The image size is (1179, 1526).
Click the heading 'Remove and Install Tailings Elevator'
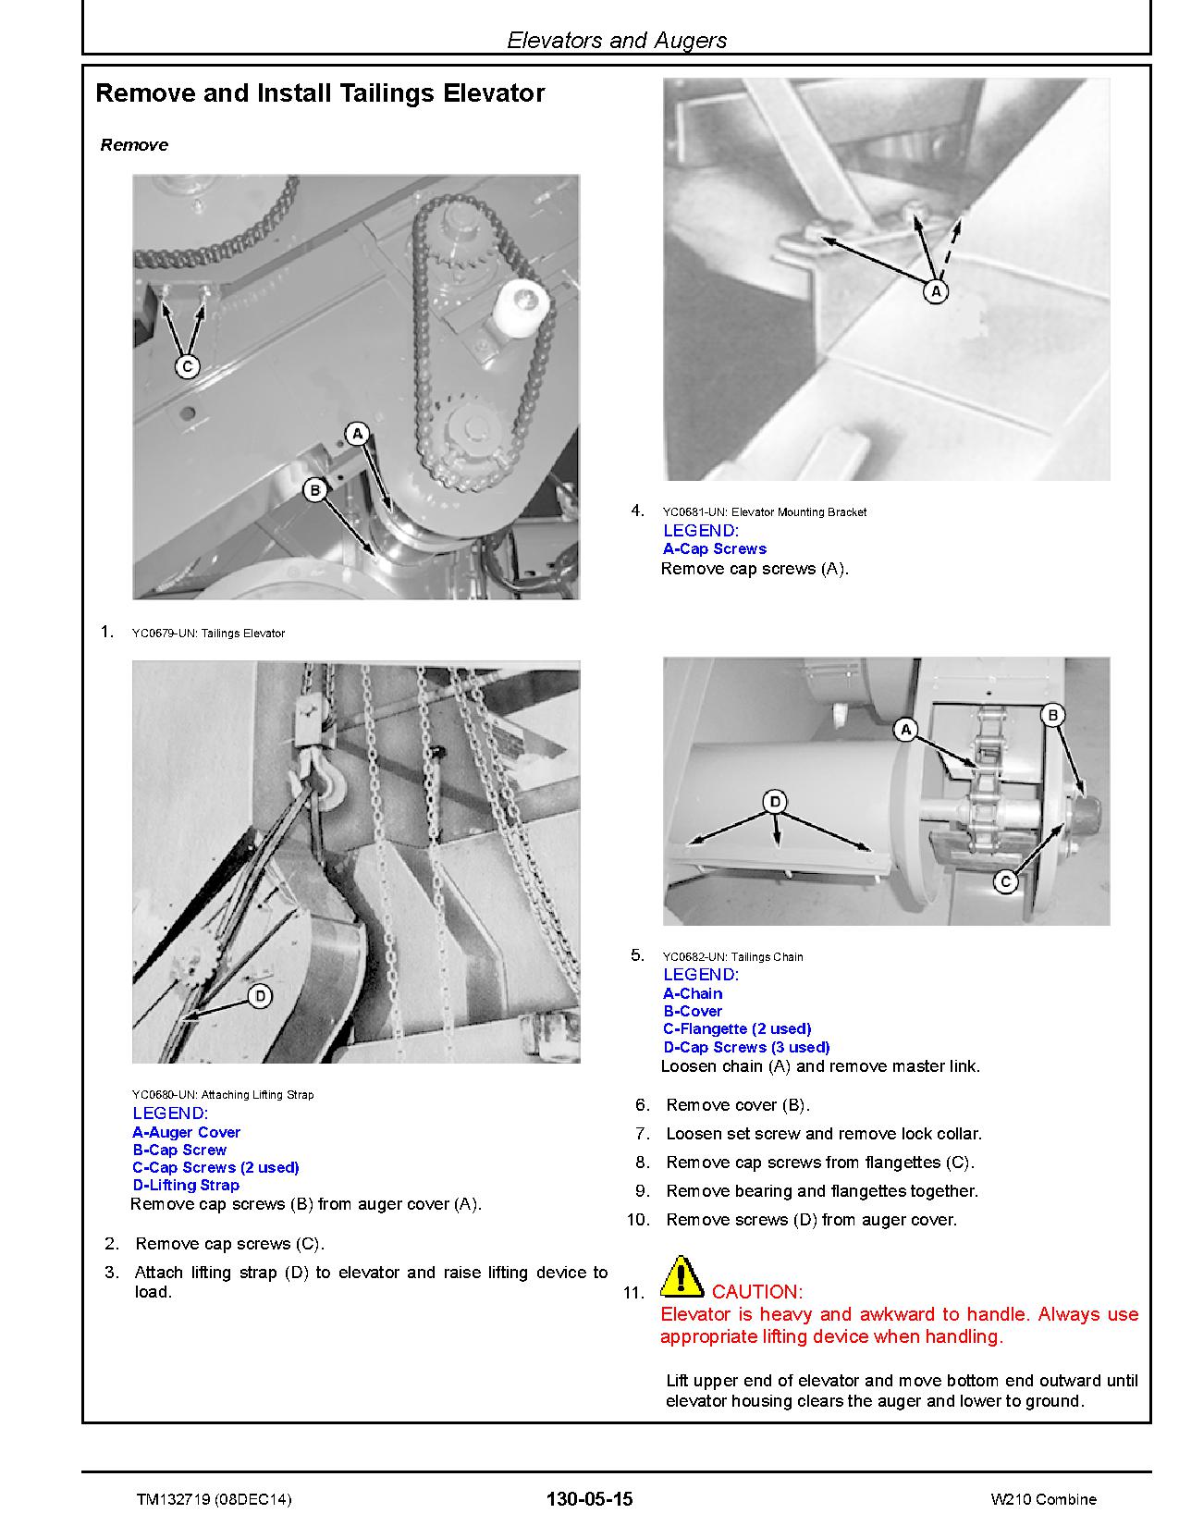click(x=320, y=93)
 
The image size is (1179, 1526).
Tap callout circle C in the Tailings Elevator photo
click(x=188, y=366)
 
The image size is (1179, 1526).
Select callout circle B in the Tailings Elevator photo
click(x=315, y=489)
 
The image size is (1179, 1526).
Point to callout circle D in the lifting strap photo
click(x=261, y=996)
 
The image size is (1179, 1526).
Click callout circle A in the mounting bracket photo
click(x=936, y=292)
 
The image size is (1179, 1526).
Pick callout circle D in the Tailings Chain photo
click(x=775, y=801)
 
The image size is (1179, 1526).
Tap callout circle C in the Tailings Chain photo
click(x=1005, y=882)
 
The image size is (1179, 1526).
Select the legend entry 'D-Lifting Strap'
click(x=186, y=1185)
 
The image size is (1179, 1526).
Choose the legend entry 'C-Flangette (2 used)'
click(x=737, y=1028)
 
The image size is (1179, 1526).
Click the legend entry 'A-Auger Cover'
click(x=186, y=1132)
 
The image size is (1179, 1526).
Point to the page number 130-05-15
click(x=590, y=1498)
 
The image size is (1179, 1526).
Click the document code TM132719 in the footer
click(x=214, y=1499)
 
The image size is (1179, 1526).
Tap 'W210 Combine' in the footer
click(x=1043, y=1499)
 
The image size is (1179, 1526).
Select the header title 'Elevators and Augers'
click(x=617, y=41)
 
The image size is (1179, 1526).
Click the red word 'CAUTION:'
click(x=757, y=1292)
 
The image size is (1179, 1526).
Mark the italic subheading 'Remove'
click(x=134, y=145)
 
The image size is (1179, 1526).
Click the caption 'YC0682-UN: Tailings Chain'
click(x=732, y=957)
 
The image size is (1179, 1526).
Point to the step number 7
click(x=643, y=1134)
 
